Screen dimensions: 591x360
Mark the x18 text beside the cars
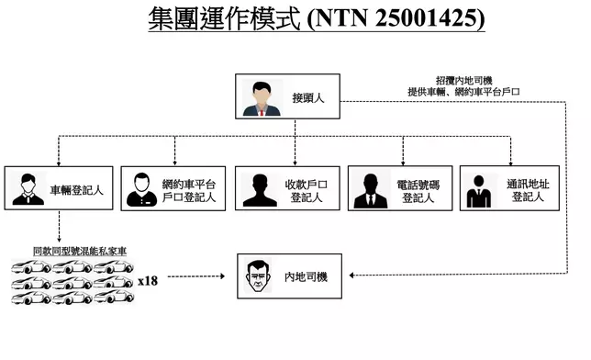(148, 280)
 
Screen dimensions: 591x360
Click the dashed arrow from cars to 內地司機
(196, 276)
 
